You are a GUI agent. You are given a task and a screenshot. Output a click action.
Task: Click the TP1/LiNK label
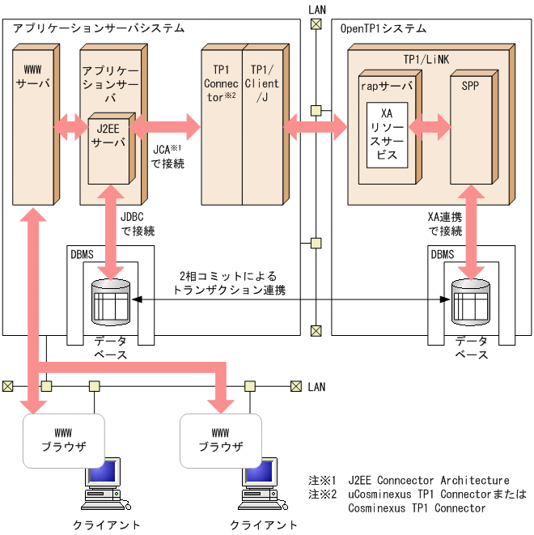coord(426,62)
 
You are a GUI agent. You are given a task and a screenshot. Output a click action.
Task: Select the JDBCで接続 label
coord(138,224)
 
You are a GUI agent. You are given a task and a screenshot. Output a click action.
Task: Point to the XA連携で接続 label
coord(444,224)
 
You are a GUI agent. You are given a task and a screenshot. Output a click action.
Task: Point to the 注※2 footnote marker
coord(322,495)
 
